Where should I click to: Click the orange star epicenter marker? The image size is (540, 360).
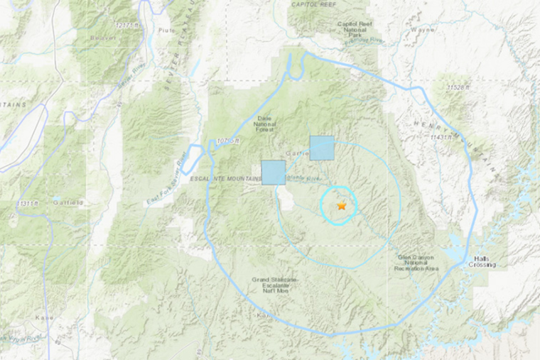pos(342,206)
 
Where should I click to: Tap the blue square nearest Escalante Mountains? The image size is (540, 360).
pos(274,173)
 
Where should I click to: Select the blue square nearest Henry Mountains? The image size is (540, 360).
pos(322,148)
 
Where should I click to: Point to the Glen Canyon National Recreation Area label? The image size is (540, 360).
pos(416,262)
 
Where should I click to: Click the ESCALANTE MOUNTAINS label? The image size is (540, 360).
pos(222,178)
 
